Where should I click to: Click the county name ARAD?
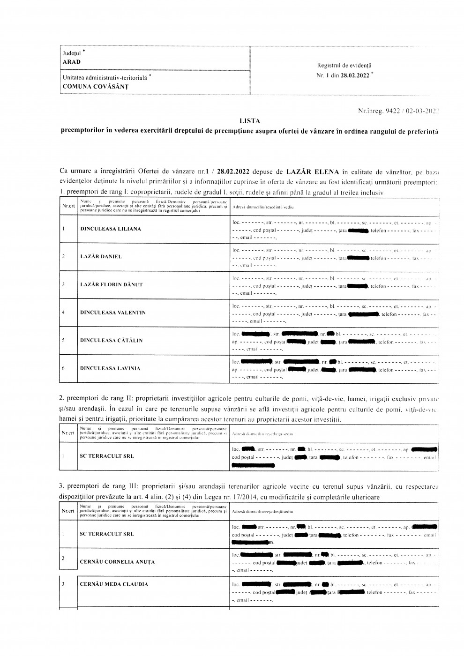click(71, 62)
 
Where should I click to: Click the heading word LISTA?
click(249, 121)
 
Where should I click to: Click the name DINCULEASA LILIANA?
click(110, 229)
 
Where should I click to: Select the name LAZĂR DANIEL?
click(101, 257)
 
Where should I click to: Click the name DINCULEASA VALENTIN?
click(112, 313)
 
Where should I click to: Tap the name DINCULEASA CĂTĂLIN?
click(112, 340)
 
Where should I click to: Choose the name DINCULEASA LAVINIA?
click(110, 368)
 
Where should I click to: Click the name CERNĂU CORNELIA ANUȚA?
click(117, 561)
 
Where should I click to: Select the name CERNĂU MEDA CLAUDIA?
click(114, 584)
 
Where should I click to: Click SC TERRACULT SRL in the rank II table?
click(107, 456)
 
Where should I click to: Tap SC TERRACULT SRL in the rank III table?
click(107, 534)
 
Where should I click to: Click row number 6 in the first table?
click(63, 368)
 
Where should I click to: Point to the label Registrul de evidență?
click(344, 66)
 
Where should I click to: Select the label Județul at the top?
click(72, 53)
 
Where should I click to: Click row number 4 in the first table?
click(63, 313)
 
